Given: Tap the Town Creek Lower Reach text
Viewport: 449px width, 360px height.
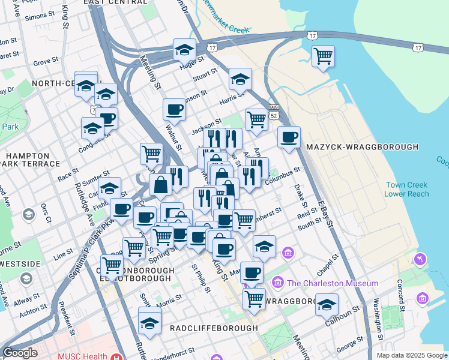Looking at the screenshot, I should pyautogui.click(x=407, y=190).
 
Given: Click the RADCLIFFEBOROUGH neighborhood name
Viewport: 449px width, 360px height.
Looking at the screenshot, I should pyautogui.click(x=214, y=328).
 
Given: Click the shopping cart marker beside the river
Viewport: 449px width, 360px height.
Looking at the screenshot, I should pyautogui.click(x=324, y=56).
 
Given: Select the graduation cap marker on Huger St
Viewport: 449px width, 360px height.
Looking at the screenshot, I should pyautogui.click(x=185, y=50).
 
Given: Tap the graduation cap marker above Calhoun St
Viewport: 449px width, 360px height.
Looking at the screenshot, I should pyautogui.click(x=327, y=305).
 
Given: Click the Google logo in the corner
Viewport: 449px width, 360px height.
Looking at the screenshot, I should pyautogui.click(x=20, y=353).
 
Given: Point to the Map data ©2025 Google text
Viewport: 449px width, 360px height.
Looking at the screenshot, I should pyautogui.click(x=411, y=355).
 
